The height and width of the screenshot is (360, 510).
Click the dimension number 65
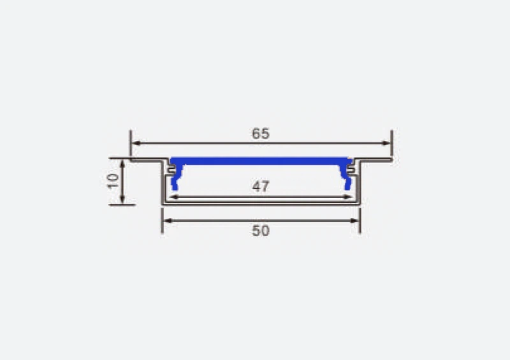[261, 134]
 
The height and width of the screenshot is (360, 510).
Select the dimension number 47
[261, 187]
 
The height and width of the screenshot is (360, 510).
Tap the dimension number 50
[261, 231]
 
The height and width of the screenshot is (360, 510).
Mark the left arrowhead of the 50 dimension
[166, 220]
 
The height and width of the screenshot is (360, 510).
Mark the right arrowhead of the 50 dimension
[356, 220]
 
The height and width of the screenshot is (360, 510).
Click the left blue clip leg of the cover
[173, 181]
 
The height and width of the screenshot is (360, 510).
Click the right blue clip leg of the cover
[347, 181]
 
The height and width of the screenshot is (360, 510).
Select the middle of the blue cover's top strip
[261, 161]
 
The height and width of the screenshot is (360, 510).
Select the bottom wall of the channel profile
[261, 203]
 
